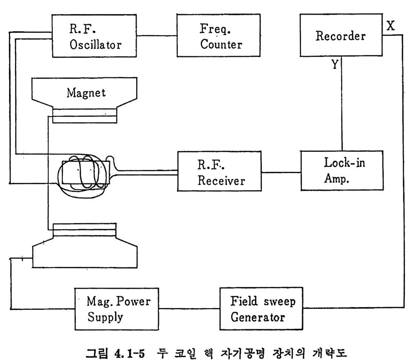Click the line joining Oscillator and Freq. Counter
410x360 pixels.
[x=156, y=35]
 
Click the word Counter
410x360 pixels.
[x=221, y=44]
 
